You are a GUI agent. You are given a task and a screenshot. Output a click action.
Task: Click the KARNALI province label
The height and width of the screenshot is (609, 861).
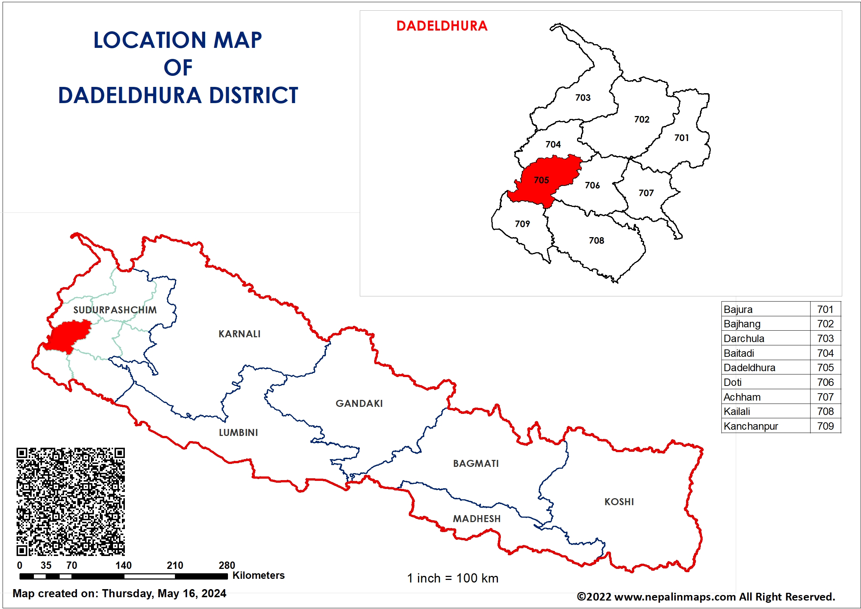click(239, 334)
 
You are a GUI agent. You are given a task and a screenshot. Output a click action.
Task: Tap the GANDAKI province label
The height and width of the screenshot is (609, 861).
click(359, 404)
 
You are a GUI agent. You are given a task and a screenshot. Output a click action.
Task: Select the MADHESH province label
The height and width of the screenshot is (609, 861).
click(477, 519)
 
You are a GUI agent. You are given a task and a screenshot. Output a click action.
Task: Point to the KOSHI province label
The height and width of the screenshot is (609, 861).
click(619, 502)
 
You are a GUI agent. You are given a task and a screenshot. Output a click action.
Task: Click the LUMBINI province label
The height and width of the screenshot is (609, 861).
click(238, 432)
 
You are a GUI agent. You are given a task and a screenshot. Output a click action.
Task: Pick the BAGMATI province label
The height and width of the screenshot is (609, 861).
click(476, 464)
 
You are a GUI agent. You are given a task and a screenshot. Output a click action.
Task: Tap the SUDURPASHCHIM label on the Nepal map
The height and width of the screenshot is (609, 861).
click(115, 310)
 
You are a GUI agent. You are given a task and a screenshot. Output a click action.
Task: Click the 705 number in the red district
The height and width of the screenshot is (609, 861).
click(541, 180)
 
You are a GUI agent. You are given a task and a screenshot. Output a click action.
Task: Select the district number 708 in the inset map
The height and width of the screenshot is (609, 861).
click(596, 240)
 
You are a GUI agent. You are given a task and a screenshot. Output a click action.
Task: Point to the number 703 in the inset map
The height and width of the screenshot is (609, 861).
click(583, 98)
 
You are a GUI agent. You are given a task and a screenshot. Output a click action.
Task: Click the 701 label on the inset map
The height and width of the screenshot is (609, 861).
click(681, 138)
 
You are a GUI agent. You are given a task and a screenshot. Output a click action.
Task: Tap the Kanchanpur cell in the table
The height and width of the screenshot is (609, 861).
click(751, 426)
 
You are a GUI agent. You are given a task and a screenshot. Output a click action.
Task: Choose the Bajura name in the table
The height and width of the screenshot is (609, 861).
click(738, 309)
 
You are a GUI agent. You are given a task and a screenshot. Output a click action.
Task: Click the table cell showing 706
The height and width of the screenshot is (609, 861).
click(825, 382)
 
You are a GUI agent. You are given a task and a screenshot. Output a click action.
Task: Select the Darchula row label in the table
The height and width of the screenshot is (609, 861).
click(744, 338)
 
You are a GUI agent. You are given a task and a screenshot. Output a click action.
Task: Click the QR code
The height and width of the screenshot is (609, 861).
click(70, 501)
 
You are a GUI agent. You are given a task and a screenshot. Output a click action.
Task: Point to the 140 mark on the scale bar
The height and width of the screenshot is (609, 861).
click(123, 565)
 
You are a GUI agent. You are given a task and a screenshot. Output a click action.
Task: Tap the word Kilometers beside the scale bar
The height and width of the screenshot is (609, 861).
click(259, 575)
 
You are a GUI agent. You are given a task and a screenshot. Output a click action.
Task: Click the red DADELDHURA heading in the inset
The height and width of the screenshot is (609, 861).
click(442, 26)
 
